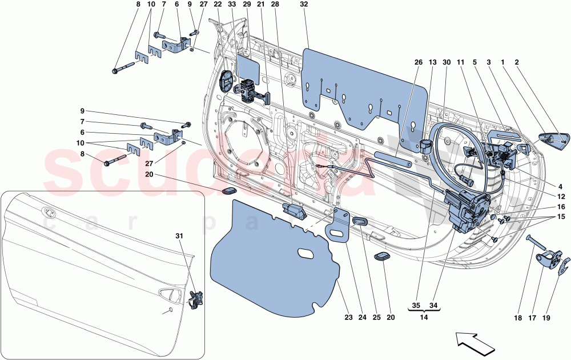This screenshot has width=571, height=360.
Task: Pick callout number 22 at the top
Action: coord(218,5)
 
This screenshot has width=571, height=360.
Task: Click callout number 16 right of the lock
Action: coord(561,207)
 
